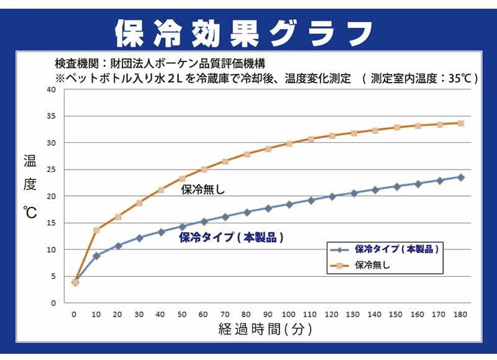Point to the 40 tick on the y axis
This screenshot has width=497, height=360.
(x=52, y=89)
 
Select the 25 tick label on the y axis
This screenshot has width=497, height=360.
(x=52, y=169)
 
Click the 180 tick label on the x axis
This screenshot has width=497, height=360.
(x=460, y=315)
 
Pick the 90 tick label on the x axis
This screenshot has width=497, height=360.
(x=268, y=315)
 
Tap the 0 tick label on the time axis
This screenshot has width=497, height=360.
(x=75, y=315)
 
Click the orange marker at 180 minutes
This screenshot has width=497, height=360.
(x=460, y=123)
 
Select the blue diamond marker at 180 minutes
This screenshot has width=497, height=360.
(x=460, y=177)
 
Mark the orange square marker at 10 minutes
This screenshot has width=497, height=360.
(x=96, y=230)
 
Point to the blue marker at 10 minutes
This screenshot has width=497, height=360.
(x=96, y=256)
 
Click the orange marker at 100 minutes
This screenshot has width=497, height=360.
(x=289, y=143)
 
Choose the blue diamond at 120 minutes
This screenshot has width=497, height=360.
(x=332, y=196)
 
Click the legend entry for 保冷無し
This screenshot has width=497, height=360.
(x=373, y=265)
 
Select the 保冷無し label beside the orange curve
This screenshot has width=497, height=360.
(x=203, y=189)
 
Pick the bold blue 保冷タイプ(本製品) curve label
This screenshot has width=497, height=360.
(x=231, y=237)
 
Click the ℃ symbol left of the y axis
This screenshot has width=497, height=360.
(x=30, y=213)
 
